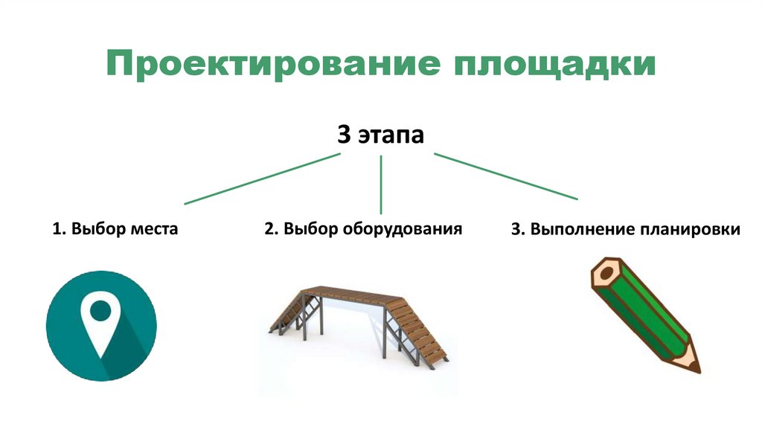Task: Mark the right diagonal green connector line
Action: coord(506,176)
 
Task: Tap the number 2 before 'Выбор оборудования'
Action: coord(268,228)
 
